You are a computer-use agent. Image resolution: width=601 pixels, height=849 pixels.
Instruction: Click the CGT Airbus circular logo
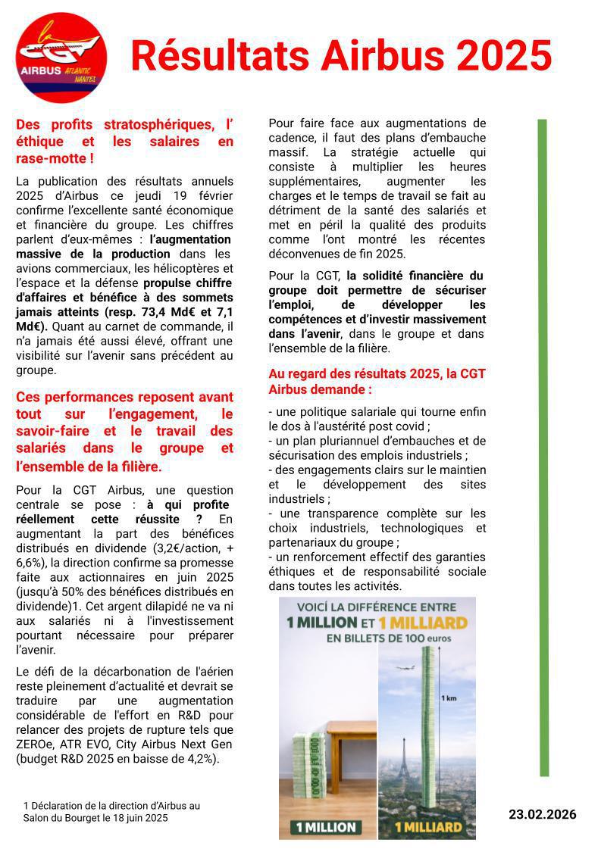point(61,58)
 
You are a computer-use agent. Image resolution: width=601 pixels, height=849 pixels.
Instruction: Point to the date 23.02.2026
point(542,815)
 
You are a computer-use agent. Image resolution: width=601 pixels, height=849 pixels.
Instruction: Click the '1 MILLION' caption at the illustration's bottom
point(327,827)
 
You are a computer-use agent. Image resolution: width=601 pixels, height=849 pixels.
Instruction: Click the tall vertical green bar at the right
point(543,447)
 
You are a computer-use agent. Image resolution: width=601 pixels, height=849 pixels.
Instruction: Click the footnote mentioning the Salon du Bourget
point(112,812)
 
